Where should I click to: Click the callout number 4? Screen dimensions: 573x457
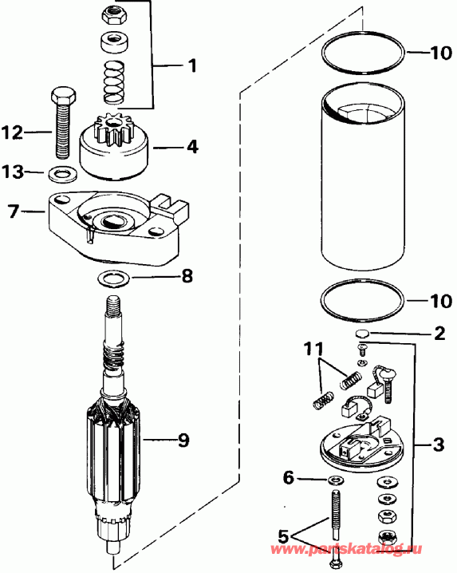tap(192, 147)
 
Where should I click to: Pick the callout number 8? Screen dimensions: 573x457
tap(186, 278)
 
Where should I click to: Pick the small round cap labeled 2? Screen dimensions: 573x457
tap(360, 333)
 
